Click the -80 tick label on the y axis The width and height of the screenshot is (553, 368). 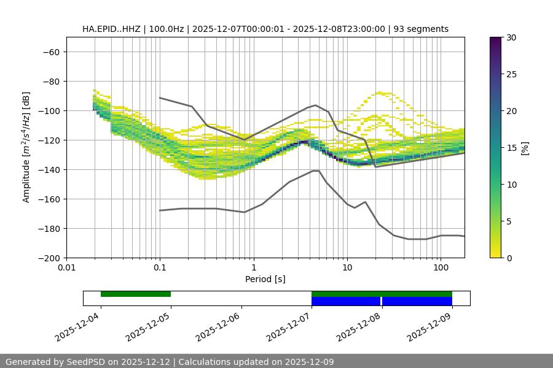click(x=50, y=81)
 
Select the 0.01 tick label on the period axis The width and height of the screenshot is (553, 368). click(x=66, y=268)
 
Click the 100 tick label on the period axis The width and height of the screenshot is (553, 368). click(x=441, y=268)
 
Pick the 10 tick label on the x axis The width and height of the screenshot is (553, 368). click(x=347, y=268)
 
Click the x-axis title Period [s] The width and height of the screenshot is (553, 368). click(x=265, y=279)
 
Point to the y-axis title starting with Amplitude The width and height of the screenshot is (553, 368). click(x=26, y=147)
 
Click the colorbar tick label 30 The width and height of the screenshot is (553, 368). click(x=511, y=37)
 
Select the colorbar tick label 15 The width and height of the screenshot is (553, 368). click(x=511, y=148)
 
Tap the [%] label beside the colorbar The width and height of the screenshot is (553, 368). click(x=525, y=148)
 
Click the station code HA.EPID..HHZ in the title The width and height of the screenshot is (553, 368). click(x=112, y=29)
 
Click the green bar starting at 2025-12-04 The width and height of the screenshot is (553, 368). click(x=136, y=294)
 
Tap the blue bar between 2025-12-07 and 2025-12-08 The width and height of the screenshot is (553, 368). click(x=346, y=301)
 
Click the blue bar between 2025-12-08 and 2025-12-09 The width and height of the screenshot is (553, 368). click(x=417, y=301)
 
